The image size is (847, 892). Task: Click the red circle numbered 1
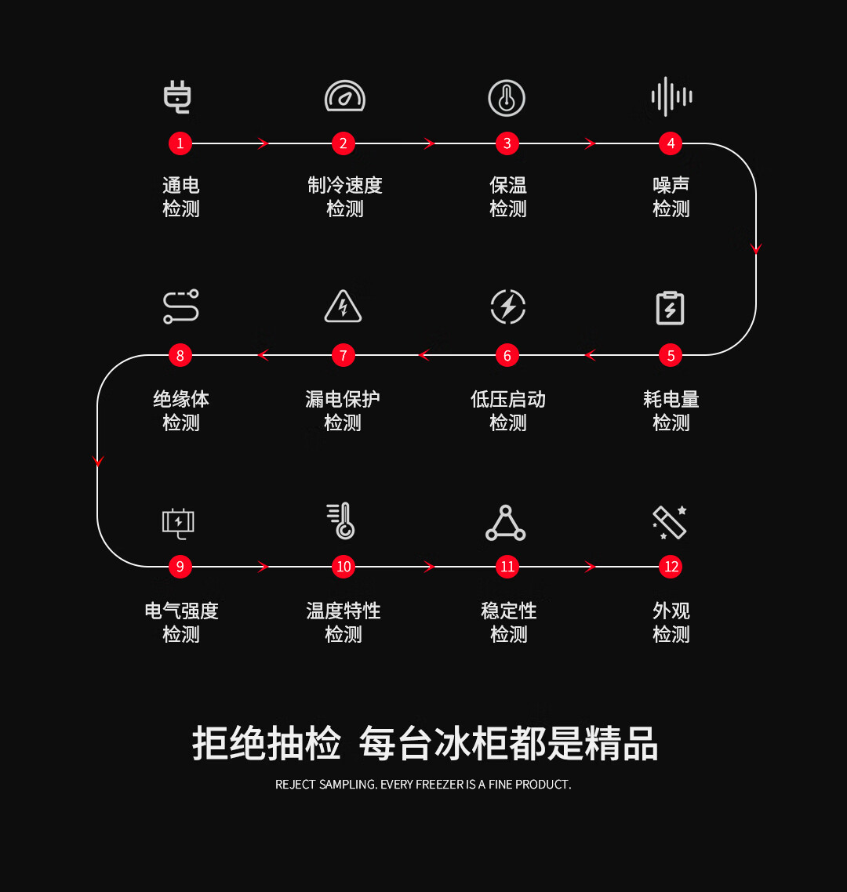(x=180, y=143)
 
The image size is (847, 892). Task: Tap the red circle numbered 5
(x=671, y=356)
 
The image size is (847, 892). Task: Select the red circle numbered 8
(x=180, y=356)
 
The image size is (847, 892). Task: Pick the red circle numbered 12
(x=671, y=567)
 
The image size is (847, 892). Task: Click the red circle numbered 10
(x=344, y=567)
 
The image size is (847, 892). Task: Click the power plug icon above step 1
(x=177, y=97)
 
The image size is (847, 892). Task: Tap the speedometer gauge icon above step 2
(x=344, y=96)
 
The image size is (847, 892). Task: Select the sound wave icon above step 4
(x=671, y=96)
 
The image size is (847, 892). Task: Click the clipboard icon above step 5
(x=670, y=308)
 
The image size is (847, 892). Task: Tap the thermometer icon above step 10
(x=341, y=520)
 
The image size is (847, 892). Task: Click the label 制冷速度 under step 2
(x=345, y=186)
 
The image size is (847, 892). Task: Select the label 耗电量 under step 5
(x=671, y=399)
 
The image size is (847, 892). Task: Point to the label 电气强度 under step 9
(x=182, y=611)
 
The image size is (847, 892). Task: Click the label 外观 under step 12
(x=671, y=611)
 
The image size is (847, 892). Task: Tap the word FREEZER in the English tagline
(x=440, y=785)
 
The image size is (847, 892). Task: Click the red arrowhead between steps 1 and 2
(x=263, y=143)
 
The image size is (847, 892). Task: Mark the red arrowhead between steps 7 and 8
(x=263, y=356)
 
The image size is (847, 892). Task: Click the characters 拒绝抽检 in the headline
(x=267, y=743)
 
